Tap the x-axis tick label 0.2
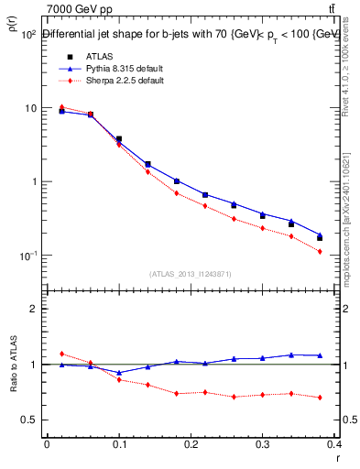[191, 446]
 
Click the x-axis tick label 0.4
[335, 446]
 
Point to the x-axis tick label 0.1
[119, 446]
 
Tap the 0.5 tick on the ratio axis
[29, 420]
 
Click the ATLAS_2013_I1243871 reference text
[191, 274]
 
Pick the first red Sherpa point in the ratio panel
[61, 354]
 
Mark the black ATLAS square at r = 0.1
[119, 139]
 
